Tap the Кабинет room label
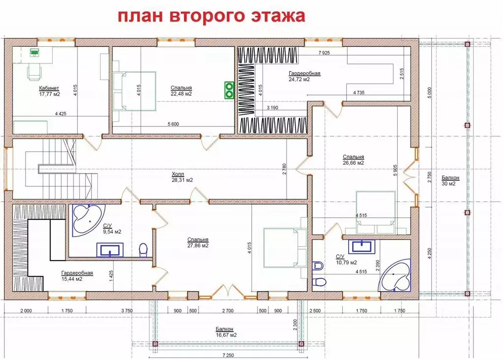click(x=49, y=90)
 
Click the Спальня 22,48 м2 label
click(x=181, y=90)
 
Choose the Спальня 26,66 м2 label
click(x=353, y=160)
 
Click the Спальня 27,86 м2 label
click(x=198, y=242)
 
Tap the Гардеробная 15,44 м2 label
click(x=77, y=275)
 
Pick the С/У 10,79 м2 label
click(x=346, y=259)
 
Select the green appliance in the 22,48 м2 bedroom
click(x=229, y=90)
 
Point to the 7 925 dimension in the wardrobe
click(x=324, y=52)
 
